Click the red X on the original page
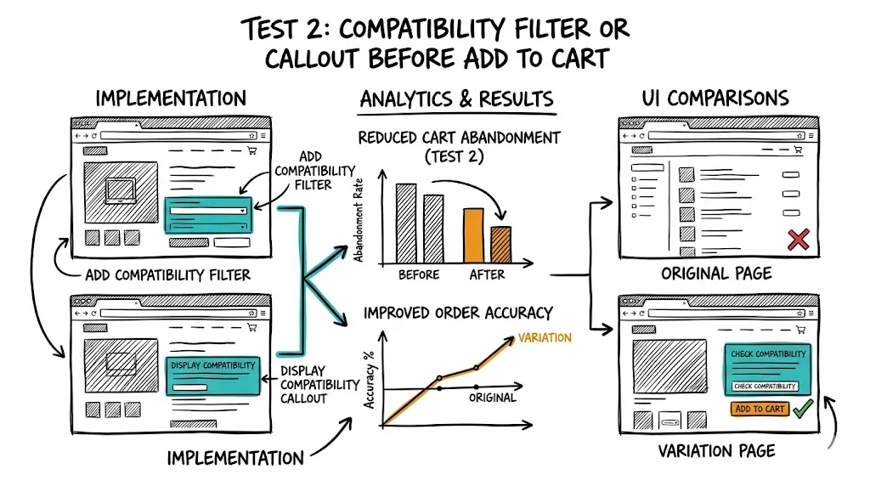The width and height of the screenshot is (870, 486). pos(798,240)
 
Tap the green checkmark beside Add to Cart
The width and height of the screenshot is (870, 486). pos(803,409)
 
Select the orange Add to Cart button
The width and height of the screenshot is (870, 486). pos(760,409)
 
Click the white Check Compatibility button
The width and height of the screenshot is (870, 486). pos(765,386)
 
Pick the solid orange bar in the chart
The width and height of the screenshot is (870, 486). pos(473,235)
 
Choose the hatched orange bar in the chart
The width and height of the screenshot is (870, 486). pos(501,245)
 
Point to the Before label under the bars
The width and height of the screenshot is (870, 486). pos(419,274)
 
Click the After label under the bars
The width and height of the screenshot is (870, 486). pos(487,274)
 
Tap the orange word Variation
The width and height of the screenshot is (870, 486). pos(545,337)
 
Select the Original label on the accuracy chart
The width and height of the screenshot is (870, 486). pos(492,398)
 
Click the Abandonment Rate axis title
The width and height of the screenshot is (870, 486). pos(359,220)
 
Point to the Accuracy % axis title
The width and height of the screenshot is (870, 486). pos(369,380)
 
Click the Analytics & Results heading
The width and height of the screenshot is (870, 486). pos(456,99)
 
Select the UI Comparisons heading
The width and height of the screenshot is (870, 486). pos(715,99)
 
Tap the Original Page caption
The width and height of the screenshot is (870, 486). pos(716,274)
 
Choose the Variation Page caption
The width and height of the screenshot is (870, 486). pos(717,451)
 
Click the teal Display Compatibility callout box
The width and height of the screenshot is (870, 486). pos(213,376)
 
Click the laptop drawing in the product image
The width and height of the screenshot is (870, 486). pos(121,191)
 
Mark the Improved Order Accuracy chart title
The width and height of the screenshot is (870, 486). pos(458,313)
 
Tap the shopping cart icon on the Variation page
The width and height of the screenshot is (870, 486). pos(800,330)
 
